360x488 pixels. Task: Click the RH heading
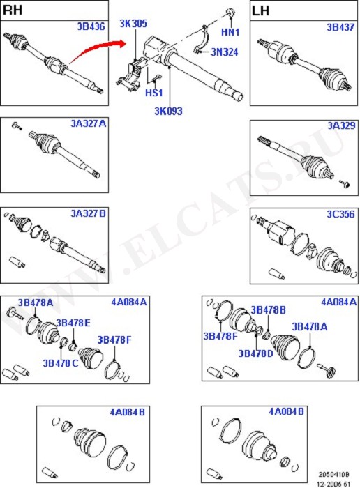(13, 10)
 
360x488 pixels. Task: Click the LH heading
(260, 11)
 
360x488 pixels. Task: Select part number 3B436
(91, 26)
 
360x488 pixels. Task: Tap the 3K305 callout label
(133, 23)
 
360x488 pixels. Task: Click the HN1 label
(230, 32)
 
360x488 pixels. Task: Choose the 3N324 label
(224, 52)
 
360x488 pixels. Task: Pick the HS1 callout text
(154, 93)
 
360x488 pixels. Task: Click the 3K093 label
(168, 111)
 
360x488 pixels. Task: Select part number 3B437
(340, 27)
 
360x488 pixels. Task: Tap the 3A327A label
(88, 123)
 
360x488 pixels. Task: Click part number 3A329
(341, 125)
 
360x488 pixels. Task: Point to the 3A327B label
(88, 213)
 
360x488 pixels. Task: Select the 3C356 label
(340, 214)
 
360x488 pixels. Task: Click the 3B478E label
(73, 323)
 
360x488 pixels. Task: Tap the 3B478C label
(61, 363)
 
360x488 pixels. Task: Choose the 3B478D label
(255, 353)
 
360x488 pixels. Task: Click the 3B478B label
(268, 310)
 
